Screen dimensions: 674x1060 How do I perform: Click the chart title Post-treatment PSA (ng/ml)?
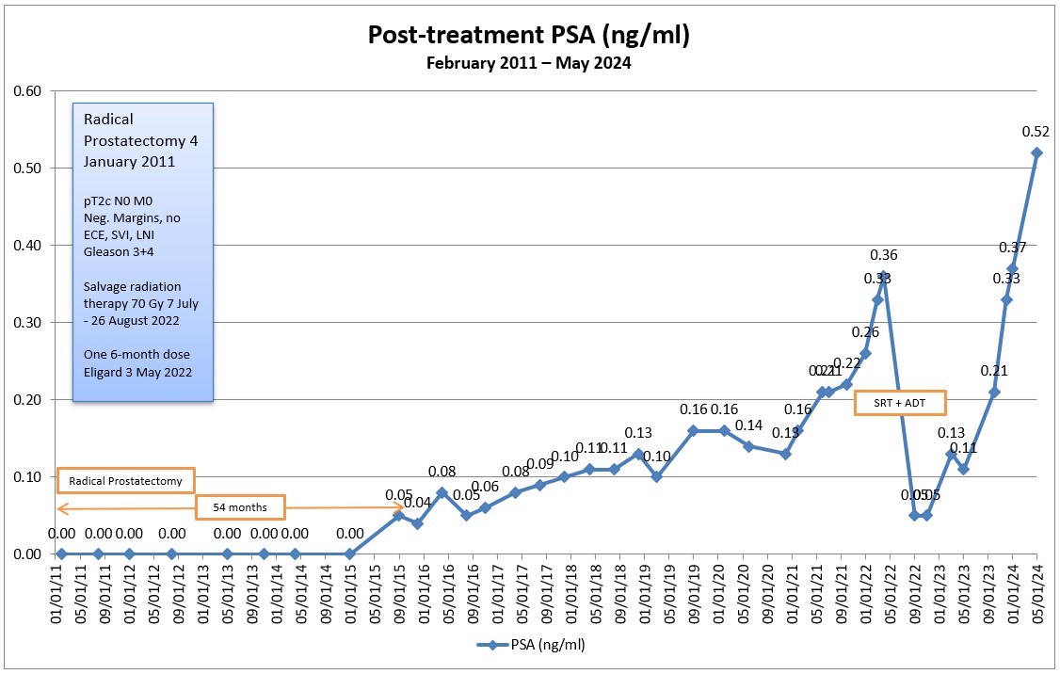pos(529,37)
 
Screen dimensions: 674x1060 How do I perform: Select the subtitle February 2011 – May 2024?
pos(529,64)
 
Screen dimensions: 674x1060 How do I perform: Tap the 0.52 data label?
pos(1036,133)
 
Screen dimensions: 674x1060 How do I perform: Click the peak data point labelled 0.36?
pos(883,276)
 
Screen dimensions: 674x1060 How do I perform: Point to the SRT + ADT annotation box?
pos(899,403)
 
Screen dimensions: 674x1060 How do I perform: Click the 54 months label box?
pos(239,507)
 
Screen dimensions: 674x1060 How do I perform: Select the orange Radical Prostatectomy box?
pos(125,481)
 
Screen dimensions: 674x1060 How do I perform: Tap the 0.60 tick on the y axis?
pos(26,91)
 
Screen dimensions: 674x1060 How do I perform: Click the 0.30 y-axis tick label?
pos(26,323)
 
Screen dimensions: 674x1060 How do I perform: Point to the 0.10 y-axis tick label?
pos(26,477)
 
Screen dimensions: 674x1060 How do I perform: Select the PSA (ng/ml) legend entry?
pos(531,645)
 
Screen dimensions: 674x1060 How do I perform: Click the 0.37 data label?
pos(1013,248)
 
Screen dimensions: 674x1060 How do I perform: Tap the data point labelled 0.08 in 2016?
pos(442,491)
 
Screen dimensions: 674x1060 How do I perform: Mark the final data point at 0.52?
pos(1036,152)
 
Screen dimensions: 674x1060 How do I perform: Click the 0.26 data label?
pos(866,332)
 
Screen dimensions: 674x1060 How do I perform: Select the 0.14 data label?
pos(749,425)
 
